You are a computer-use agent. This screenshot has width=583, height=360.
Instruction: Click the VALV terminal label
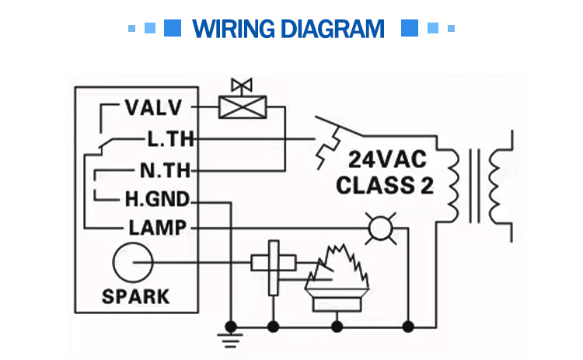coord(153,107)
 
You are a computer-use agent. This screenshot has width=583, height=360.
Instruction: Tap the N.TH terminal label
coord(165,170)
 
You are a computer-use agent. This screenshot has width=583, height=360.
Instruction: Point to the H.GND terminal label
coord(156,200)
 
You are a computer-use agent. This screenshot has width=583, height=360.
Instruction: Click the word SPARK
coord(135,296)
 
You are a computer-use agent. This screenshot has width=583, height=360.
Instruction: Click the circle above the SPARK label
coord(133,264)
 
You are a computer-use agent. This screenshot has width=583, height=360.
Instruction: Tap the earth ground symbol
coord(230,337)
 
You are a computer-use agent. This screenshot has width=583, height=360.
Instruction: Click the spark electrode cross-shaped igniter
coord(272,265)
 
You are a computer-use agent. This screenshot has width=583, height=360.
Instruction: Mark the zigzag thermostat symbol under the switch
coord(326,148)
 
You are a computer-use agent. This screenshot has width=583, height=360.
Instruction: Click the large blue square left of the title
coord(173,29)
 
